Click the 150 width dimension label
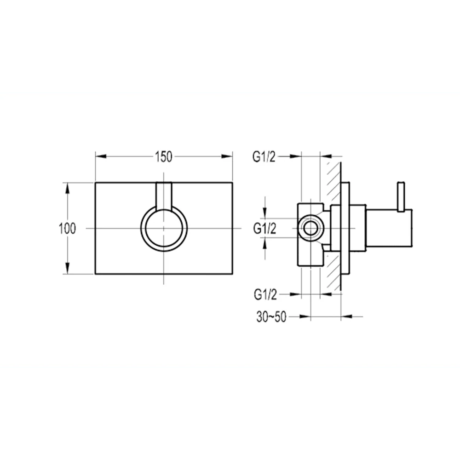click(164, 157)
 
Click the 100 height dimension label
click(67, 229)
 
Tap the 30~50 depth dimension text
click(271, 316)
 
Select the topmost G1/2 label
click(264, 157)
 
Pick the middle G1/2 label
click(264, 229)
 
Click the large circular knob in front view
click(164, 229)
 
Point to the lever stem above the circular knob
click(164, 196)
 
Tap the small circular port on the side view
click(310, 229)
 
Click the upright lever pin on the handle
click(401, 196)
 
